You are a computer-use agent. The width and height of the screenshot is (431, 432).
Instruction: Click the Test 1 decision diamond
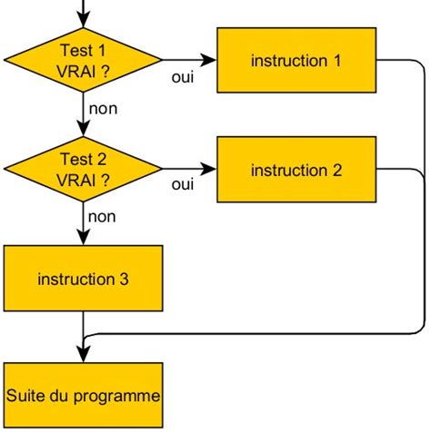(83, 61)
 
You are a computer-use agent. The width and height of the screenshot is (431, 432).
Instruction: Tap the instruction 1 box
(296, 61)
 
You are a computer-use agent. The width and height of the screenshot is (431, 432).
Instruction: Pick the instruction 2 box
(296, 170)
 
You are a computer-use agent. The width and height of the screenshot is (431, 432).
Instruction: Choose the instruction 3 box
(83, 279)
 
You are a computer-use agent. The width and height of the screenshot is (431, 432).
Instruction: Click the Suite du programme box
(83, 396)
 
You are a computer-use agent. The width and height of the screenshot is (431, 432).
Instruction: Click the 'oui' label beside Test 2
(183, 185)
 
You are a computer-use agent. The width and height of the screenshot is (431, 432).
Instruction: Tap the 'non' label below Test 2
(102, 217)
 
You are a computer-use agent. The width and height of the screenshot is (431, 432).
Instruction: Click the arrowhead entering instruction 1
(210, 61)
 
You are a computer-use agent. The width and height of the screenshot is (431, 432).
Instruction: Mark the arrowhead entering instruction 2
(210, 170)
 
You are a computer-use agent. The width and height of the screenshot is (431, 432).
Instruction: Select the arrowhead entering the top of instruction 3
(83, 237)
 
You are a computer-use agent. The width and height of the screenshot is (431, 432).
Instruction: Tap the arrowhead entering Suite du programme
(83, 355)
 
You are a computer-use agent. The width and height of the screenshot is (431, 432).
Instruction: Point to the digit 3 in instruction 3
(124, 279)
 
